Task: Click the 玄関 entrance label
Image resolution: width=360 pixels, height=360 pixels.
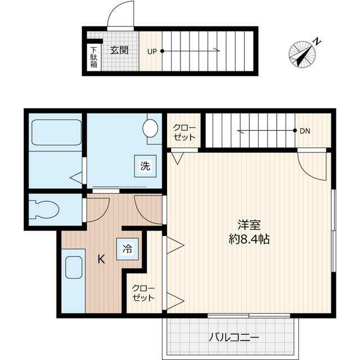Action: click(119, 50)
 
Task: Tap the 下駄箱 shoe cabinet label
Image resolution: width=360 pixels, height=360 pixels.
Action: click(93, 56)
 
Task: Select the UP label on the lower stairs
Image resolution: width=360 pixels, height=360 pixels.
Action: click(152, 51)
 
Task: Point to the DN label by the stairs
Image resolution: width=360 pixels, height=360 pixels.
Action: click(304, 131)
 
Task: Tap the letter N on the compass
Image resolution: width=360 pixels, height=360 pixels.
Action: click(317, 41)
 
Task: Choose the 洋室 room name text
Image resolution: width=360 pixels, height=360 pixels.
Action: click(249, 224)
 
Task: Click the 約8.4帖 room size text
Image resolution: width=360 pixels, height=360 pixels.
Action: click(249, 238)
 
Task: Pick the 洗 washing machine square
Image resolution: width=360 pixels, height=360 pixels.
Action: click(145, 166)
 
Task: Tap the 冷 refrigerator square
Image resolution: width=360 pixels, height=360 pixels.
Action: click(128, 248)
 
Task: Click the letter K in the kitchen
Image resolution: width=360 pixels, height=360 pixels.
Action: click(101, 259)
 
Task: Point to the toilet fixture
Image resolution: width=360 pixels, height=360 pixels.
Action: click(45, 209)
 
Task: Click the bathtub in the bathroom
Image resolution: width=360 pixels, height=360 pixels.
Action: click(55, 132)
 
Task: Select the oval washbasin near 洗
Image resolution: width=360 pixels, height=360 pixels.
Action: click(151, 128)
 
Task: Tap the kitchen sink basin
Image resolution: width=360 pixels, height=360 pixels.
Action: click(74, 267)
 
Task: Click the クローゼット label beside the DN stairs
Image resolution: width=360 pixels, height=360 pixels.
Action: click(184, 132)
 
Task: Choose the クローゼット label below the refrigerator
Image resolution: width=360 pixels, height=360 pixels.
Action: click(143, 293)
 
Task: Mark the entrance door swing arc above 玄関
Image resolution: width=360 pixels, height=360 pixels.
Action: click(120, 13)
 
